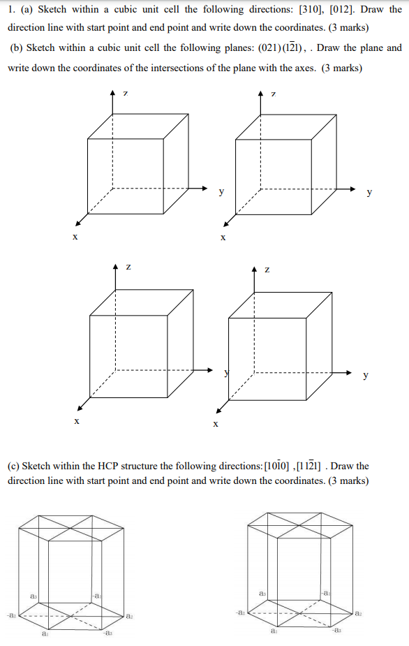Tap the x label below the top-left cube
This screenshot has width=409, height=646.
(75, 237)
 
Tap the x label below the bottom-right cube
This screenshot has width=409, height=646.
(216, 423)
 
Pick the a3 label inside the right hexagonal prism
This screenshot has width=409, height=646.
(261, 592)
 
